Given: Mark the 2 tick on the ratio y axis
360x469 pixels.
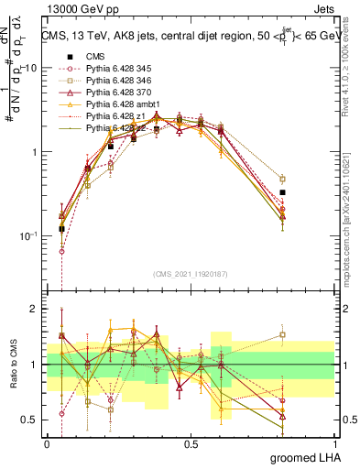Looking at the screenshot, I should (36, 309).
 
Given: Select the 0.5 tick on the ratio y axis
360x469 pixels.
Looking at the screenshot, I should (30, 420).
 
